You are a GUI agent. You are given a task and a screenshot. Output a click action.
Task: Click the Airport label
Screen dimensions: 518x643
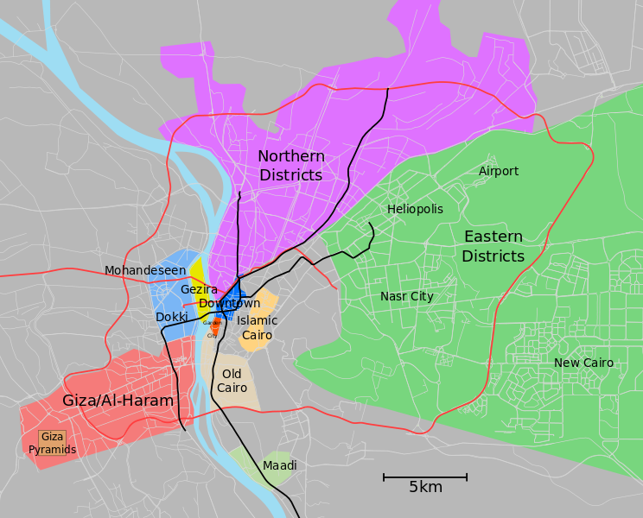(x=499, y=171)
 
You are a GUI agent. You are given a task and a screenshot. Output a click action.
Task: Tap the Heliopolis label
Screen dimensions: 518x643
(x=415, y=209)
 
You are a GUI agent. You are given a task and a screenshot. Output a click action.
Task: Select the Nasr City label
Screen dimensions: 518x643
(x=406, y=296)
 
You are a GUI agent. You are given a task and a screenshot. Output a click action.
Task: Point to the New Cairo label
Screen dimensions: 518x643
(x=583, y=363)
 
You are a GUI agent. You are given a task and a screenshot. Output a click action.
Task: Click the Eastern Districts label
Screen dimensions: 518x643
(x=493, y=246)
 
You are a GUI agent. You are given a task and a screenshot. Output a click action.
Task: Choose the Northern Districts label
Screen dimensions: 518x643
(x=291, y=166)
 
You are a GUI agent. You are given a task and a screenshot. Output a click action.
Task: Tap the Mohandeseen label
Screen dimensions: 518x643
(x=145, y=270)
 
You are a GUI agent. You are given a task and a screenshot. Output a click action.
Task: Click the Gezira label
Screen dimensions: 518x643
(x=199, y=289)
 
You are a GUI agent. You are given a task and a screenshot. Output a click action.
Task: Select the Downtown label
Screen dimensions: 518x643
(x=229, y=303)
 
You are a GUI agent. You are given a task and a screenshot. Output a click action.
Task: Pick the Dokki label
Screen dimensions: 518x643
(x=172, y=317)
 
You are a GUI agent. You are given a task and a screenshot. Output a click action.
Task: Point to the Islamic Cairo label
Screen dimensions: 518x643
(x=258, y=327)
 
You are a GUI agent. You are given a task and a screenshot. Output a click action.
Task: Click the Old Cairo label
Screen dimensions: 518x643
(x=232, y=381)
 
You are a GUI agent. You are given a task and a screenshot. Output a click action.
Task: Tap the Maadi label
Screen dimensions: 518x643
(x=279, y=465)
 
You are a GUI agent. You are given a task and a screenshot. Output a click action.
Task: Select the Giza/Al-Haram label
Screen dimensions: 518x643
(x=118, y=401)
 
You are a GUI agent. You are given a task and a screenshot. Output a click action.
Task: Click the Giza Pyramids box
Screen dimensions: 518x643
(x=52, y=443)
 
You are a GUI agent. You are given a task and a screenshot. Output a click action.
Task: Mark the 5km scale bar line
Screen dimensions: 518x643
(x=425, y=477)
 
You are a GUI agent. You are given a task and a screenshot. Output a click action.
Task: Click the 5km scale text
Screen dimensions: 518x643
(x=425, y=488)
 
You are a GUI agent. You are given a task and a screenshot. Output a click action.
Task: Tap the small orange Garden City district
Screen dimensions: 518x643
(x=214, y=328)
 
